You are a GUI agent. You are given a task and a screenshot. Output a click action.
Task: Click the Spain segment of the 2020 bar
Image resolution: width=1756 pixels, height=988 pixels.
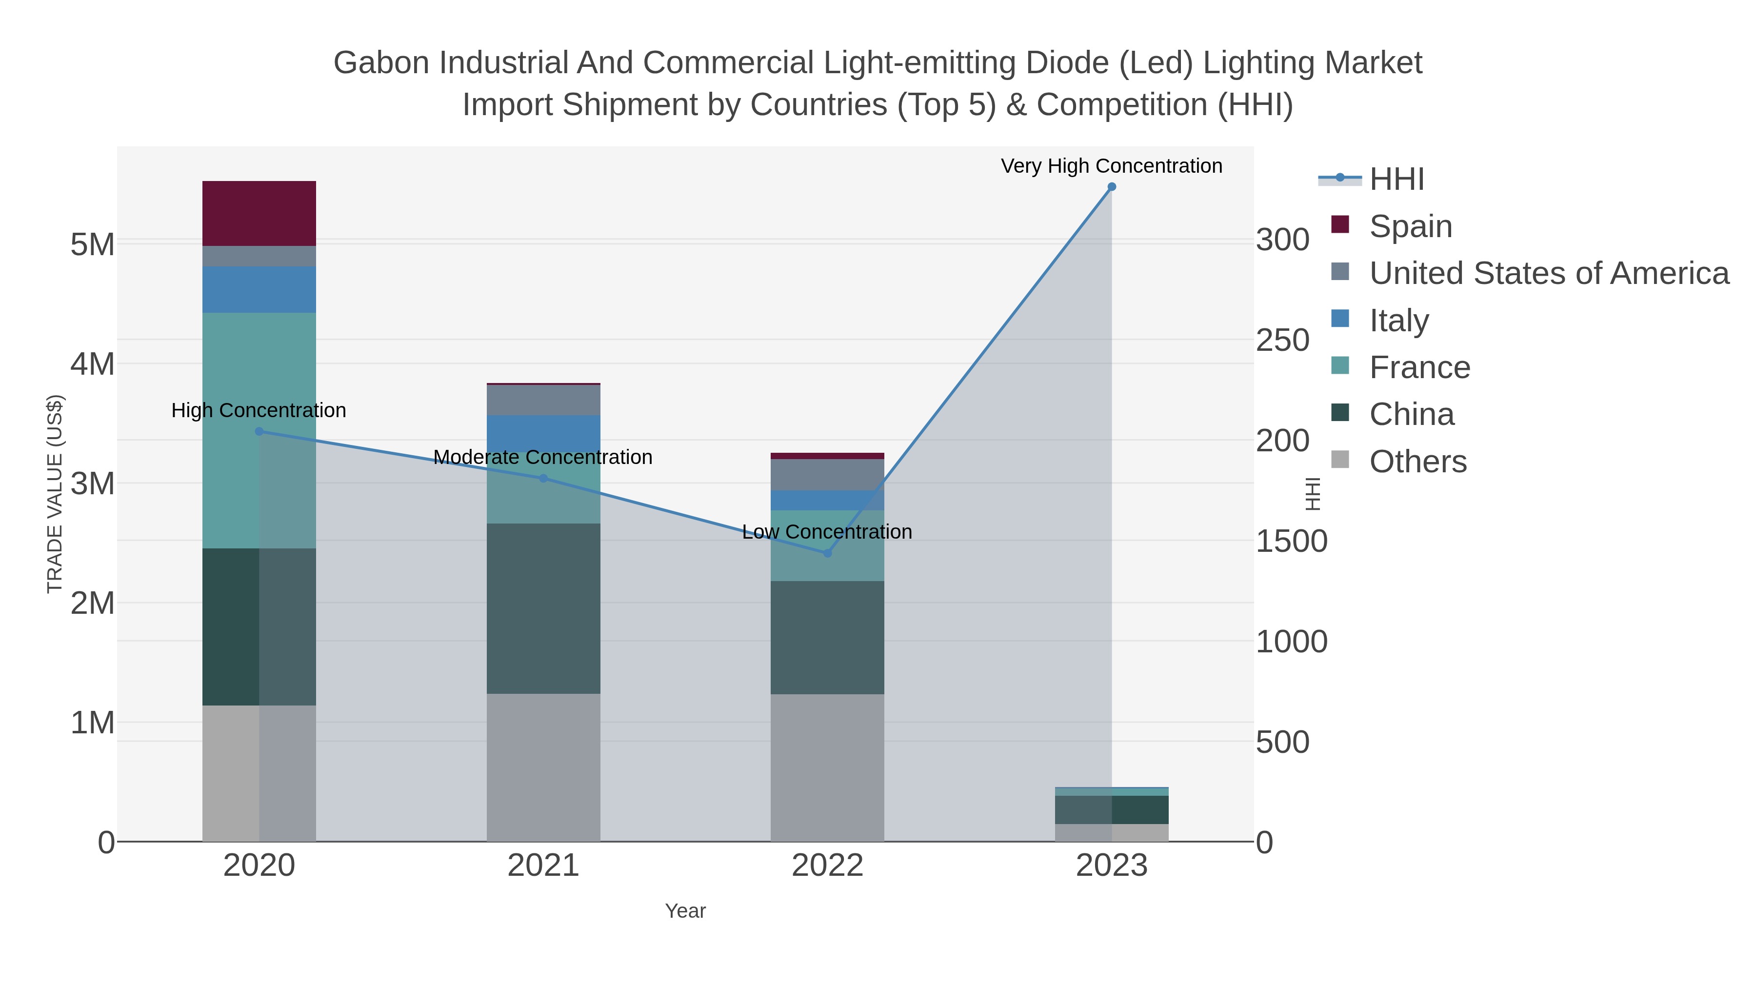259,213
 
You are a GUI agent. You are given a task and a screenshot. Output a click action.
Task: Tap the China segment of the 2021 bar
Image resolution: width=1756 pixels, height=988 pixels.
543,608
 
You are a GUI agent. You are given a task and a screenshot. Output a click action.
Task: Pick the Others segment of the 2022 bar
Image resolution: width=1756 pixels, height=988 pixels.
827,767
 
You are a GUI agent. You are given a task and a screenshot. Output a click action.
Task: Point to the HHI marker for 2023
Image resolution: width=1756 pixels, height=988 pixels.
1112,187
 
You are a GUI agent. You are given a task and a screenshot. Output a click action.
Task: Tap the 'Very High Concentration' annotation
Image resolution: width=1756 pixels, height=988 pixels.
1111,166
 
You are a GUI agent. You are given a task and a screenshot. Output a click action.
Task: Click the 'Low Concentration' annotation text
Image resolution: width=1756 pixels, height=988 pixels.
826,532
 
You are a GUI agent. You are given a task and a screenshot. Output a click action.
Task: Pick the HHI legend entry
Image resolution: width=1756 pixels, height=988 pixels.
1396,179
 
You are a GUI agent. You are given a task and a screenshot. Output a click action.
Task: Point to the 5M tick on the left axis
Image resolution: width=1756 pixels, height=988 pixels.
92,244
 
